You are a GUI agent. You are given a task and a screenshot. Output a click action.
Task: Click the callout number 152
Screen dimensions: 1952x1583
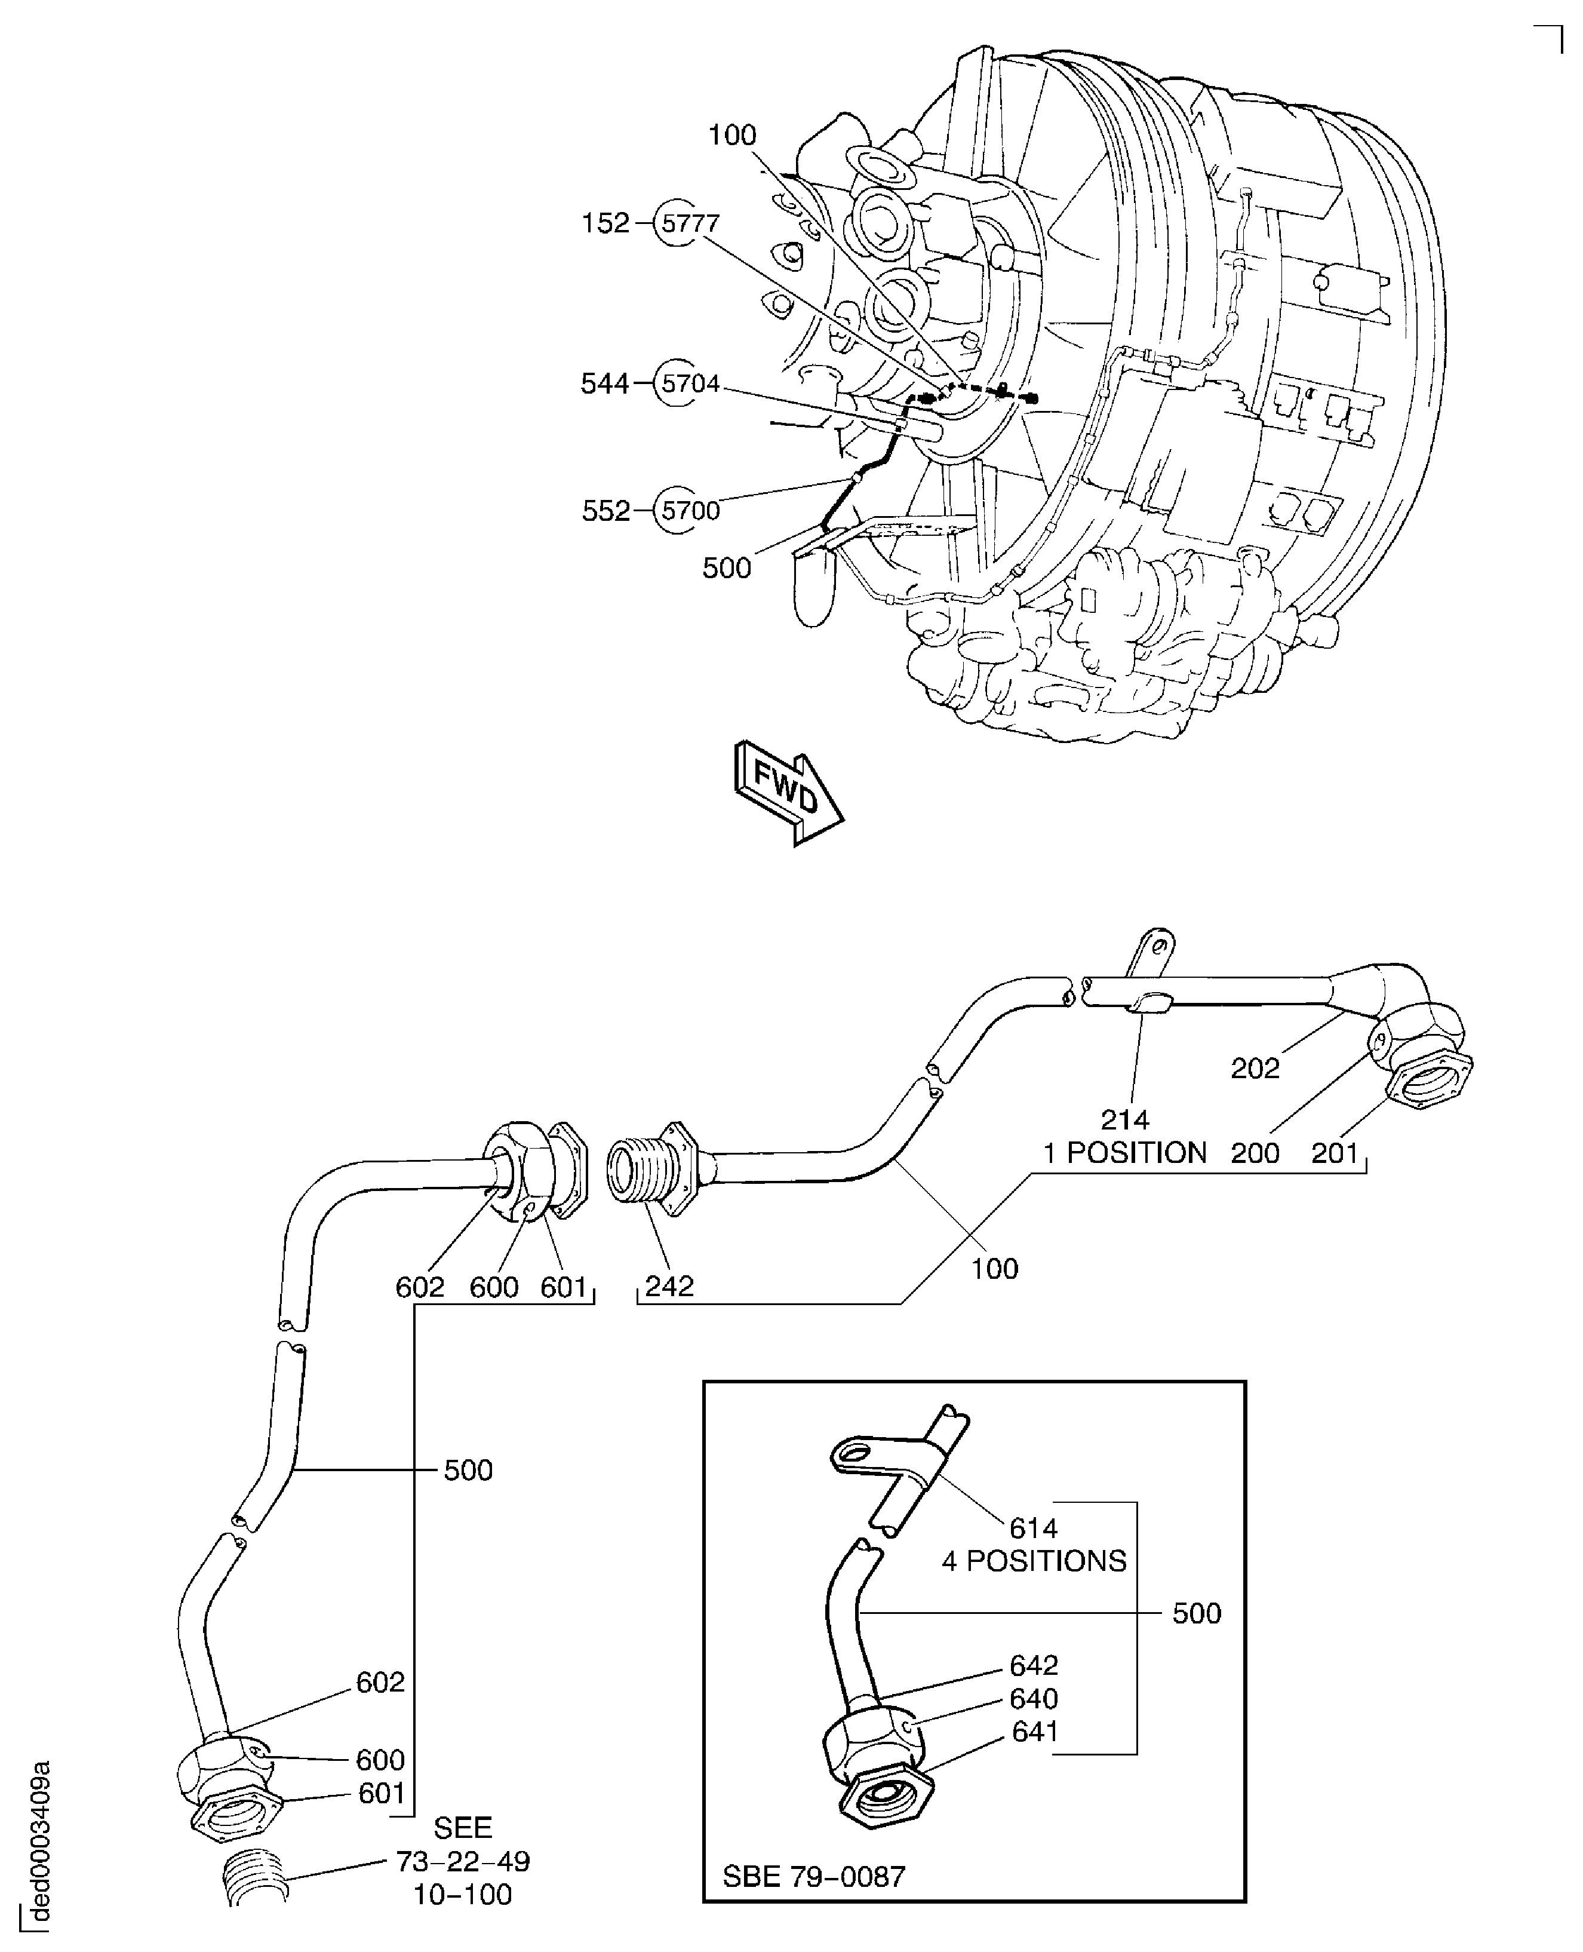click(x=605, y=223)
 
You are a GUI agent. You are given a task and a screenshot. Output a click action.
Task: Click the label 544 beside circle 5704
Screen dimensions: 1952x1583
click(x=604, y=384)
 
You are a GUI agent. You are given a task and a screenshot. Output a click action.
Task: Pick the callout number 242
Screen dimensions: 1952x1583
click(x=669, y=1286)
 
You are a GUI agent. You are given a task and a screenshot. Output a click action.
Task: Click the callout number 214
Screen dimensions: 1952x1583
click(x=1124, y=1119)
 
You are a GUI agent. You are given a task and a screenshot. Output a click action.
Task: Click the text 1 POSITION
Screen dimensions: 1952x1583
click(x=1124, y=1153)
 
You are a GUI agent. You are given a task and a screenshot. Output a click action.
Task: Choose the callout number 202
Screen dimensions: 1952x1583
click(x=1255, y=1068)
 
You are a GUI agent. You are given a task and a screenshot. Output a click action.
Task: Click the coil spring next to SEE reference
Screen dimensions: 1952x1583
click(x=256, y=1876)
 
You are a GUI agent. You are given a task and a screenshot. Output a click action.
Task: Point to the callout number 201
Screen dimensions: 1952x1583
click(x=1335, y=1153)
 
